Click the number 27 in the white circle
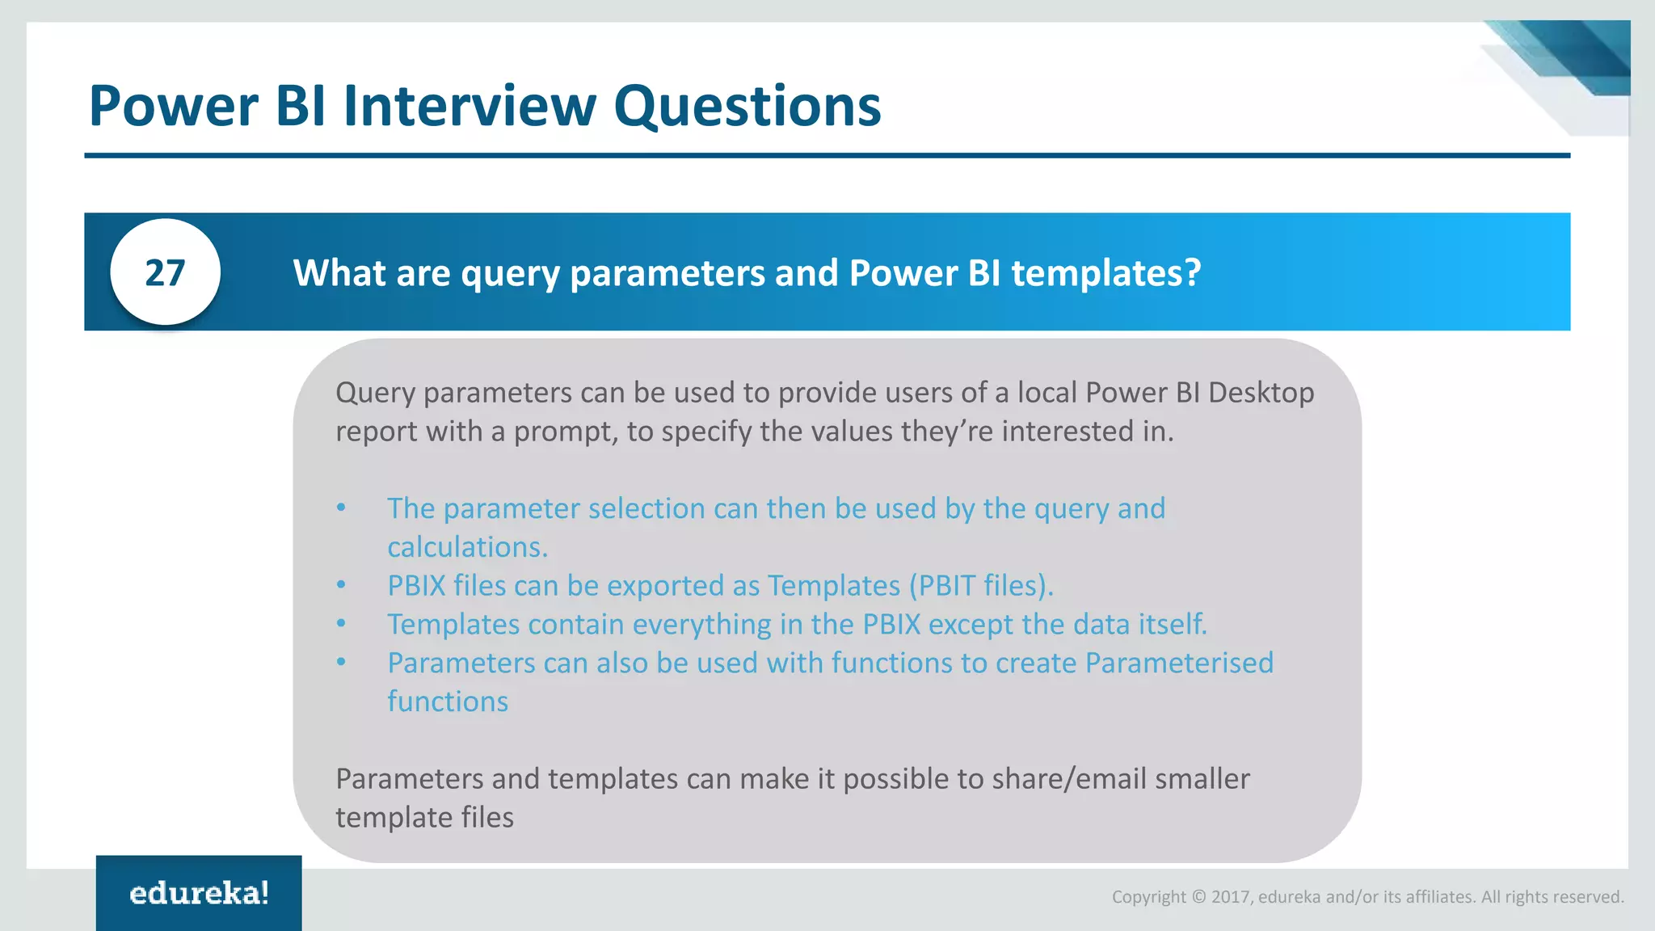(x=165, y=273)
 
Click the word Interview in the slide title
(x=470, y=106)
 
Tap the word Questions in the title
(x=747, y=107)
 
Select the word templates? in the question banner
(x=1105, y=273)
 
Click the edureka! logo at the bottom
(x=199, y=893)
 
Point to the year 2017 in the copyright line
(x=1231, y=897)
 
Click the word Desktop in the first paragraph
(x=1261, y=393)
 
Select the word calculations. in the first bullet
(x=467, y=547)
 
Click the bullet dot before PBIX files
(x=341, y=584)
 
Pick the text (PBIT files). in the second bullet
(x=981, y=585)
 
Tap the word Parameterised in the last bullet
(x=1178, y=663)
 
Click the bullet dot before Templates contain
(x=341, y=623)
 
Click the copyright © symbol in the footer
(x=1198, y=897)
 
